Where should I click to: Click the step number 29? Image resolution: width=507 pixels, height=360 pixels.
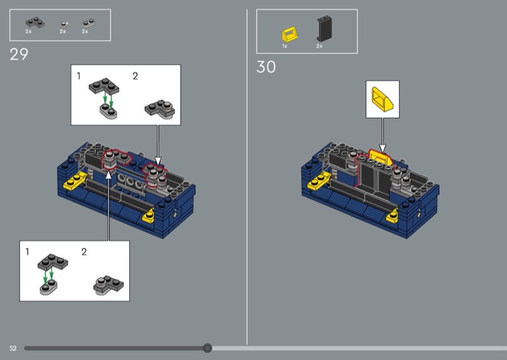tap(19, 55)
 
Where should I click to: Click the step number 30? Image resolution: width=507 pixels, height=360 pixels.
tap(266, 67)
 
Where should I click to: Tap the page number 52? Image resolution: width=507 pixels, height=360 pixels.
tap(13, 348)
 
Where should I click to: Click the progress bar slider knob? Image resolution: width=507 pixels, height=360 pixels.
tap(208, 348)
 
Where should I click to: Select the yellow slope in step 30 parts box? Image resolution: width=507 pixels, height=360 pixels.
tap(290, 34)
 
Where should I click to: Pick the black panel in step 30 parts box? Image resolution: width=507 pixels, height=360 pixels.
tap(324, 29)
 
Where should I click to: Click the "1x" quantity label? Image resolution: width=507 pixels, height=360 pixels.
tap(285, 46)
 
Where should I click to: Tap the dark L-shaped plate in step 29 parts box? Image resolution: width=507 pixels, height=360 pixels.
tap(35, 23)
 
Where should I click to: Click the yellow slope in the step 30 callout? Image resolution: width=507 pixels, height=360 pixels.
tap(383, 99)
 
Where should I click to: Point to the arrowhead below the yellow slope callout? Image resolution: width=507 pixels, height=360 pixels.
tap(383, 148)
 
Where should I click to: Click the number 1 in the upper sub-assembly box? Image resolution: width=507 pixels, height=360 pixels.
tap(79, 76)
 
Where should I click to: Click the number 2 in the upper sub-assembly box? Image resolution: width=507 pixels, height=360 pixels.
tap(135, 76)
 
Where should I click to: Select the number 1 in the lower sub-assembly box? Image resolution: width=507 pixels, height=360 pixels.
tap(27, 252)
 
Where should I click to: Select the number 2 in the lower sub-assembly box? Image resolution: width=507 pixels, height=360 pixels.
tap(84, 252)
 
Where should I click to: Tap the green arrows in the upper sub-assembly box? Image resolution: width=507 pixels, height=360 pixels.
tap(108, 100)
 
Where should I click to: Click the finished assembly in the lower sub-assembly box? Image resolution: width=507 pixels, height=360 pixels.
tap(108, 285)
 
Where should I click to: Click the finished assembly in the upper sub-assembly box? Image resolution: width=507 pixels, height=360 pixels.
tap(160, 108)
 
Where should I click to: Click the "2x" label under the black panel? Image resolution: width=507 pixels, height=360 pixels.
tap(319, 46)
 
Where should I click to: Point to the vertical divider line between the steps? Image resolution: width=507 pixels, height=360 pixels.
tap(247, 177)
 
